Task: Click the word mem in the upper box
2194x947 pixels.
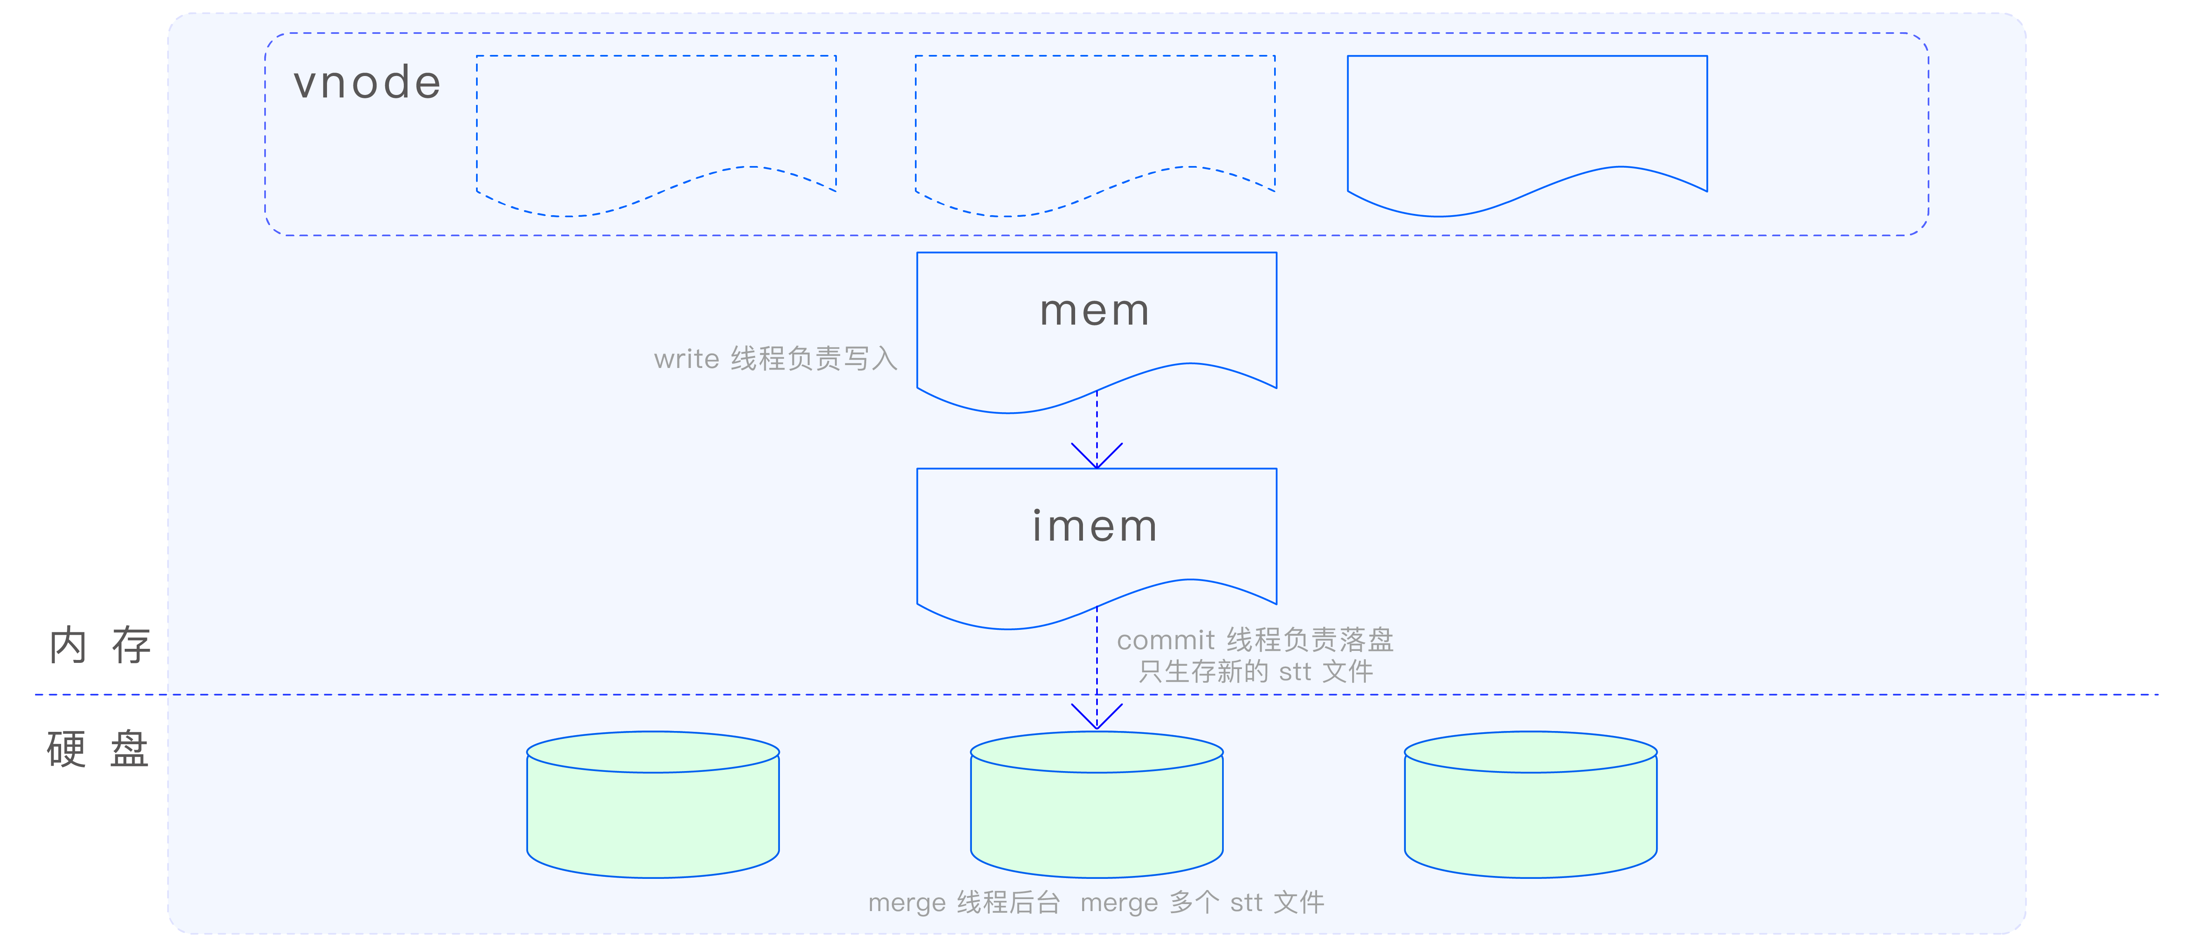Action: tap(1095, 311)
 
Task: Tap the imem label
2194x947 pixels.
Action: tap(1095, 526)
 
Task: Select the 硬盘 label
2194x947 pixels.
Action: tap(98, 750)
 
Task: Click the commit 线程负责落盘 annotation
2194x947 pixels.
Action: tap(1255, 640)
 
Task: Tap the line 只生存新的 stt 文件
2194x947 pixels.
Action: tap(1256, 672)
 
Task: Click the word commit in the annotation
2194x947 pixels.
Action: tap(1165, 640)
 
